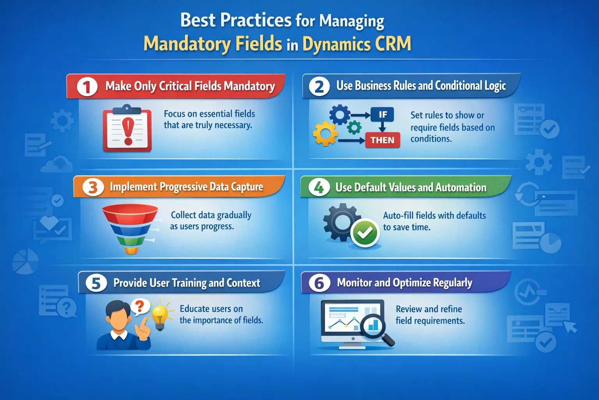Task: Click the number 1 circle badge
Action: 87,86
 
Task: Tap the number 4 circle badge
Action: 319,187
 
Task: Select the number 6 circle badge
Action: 319,283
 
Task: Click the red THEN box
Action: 383,140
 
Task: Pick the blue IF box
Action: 383,114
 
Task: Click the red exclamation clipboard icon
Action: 127,129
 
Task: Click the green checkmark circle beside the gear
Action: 365,233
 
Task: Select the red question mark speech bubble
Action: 140,306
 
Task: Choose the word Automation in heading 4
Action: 461,187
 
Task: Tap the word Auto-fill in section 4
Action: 398,216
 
